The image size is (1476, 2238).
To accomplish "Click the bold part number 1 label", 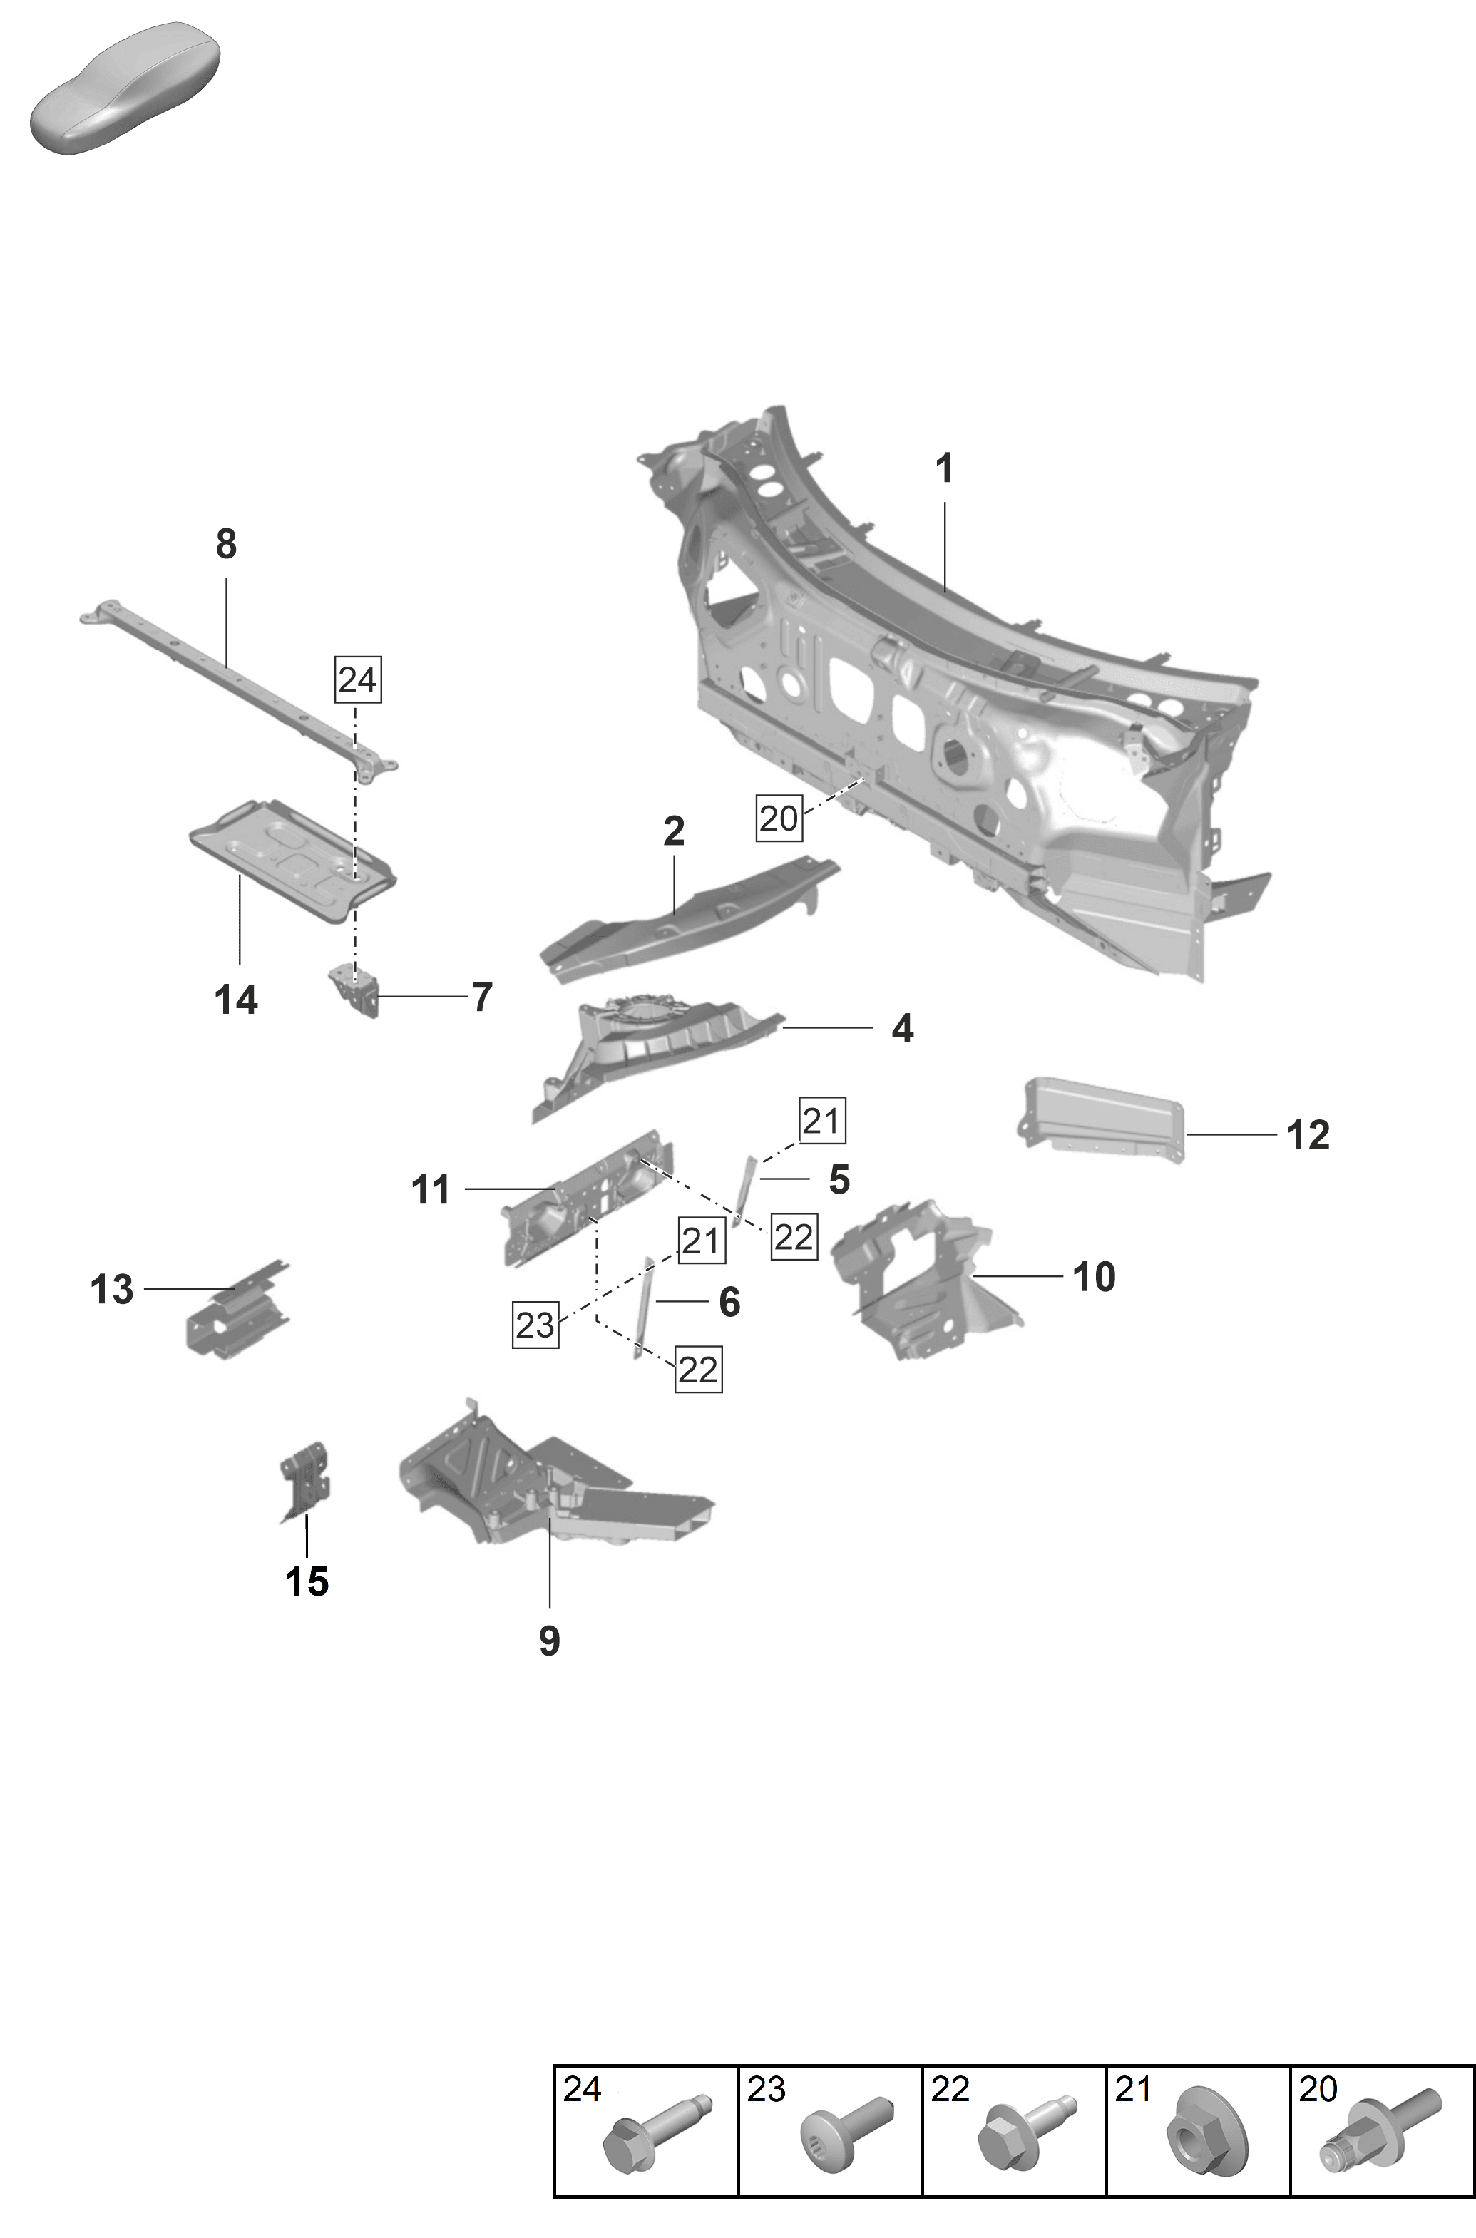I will pyautogui.click(x=944, y=468).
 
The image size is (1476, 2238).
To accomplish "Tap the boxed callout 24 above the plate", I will pyautogui.click(x=358, y=679).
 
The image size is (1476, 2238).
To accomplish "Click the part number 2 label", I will pyautogui.click(x=673, y=832).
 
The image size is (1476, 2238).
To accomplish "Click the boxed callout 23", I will pyautogui.click(x=535, y=1325).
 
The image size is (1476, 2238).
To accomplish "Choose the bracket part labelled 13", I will pyautogui.click(x=235, y=1313).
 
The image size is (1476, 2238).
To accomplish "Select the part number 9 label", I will pyautogui.click(x=549, y=1641).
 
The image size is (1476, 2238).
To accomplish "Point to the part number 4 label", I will pyautogui.click(x=902, y=1029).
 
